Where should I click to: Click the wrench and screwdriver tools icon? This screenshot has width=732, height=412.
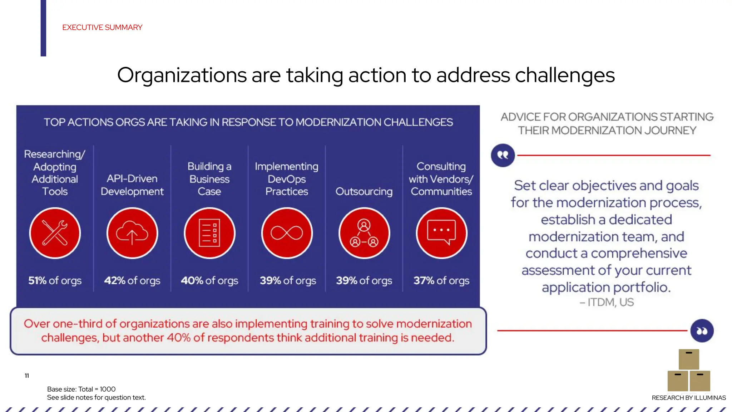point(55,233)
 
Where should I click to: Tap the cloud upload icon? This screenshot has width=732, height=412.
point(132,233)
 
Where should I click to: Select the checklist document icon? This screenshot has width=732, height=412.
point(209,233)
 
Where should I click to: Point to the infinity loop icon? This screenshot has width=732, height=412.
point(287,233)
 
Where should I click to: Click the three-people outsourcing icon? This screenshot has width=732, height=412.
point(364,233)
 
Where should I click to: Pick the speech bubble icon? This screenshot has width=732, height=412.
point(441,233)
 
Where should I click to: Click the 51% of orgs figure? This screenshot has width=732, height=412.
point(55,281)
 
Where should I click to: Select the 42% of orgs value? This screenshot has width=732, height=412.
point(132,281)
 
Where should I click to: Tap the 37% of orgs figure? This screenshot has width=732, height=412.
point(441,281)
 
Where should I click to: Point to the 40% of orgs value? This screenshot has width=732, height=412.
point(209,281)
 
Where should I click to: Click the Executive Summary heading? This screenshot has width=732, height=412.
point(102,28)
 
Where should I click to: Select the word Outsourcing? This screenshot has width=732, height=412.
point(364,192)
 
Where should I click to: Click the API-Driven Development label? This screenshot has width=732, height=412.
point(132,185)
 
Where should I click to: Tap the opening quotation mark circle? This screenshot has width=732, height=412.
point(503,155)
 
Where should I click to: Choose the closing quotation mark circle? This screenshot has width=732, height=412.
point(702,331)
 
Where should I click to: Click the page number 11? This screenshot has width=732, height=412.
point(27,376)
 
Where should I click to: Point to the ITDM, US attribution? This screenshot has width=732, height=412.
point(607,303)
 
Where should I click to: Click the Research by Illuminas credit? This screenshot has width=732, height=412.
point(689,398)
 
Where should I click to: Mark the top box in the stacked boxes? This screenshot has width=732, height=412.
point(689,359)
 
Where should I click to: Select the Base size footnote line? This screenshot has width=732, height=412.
point(81,389)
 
